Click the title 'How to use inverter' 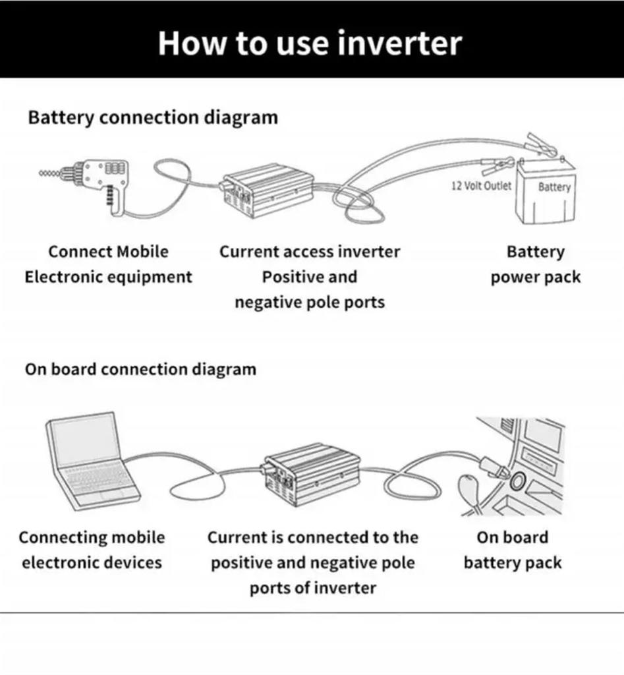point(310,43)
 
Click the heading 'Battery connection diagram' point(152,118)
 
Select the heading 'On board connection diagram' point(140,369)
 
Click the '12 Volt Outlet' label point(481,186)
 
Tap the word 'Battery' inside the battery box point(554,187)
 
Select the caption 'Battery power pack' point(535,264)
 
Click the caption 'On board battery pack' point(512,550)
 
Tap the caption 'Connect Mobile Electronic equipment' point(108,264)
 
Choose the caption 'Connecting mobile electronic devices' point(92,550)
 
